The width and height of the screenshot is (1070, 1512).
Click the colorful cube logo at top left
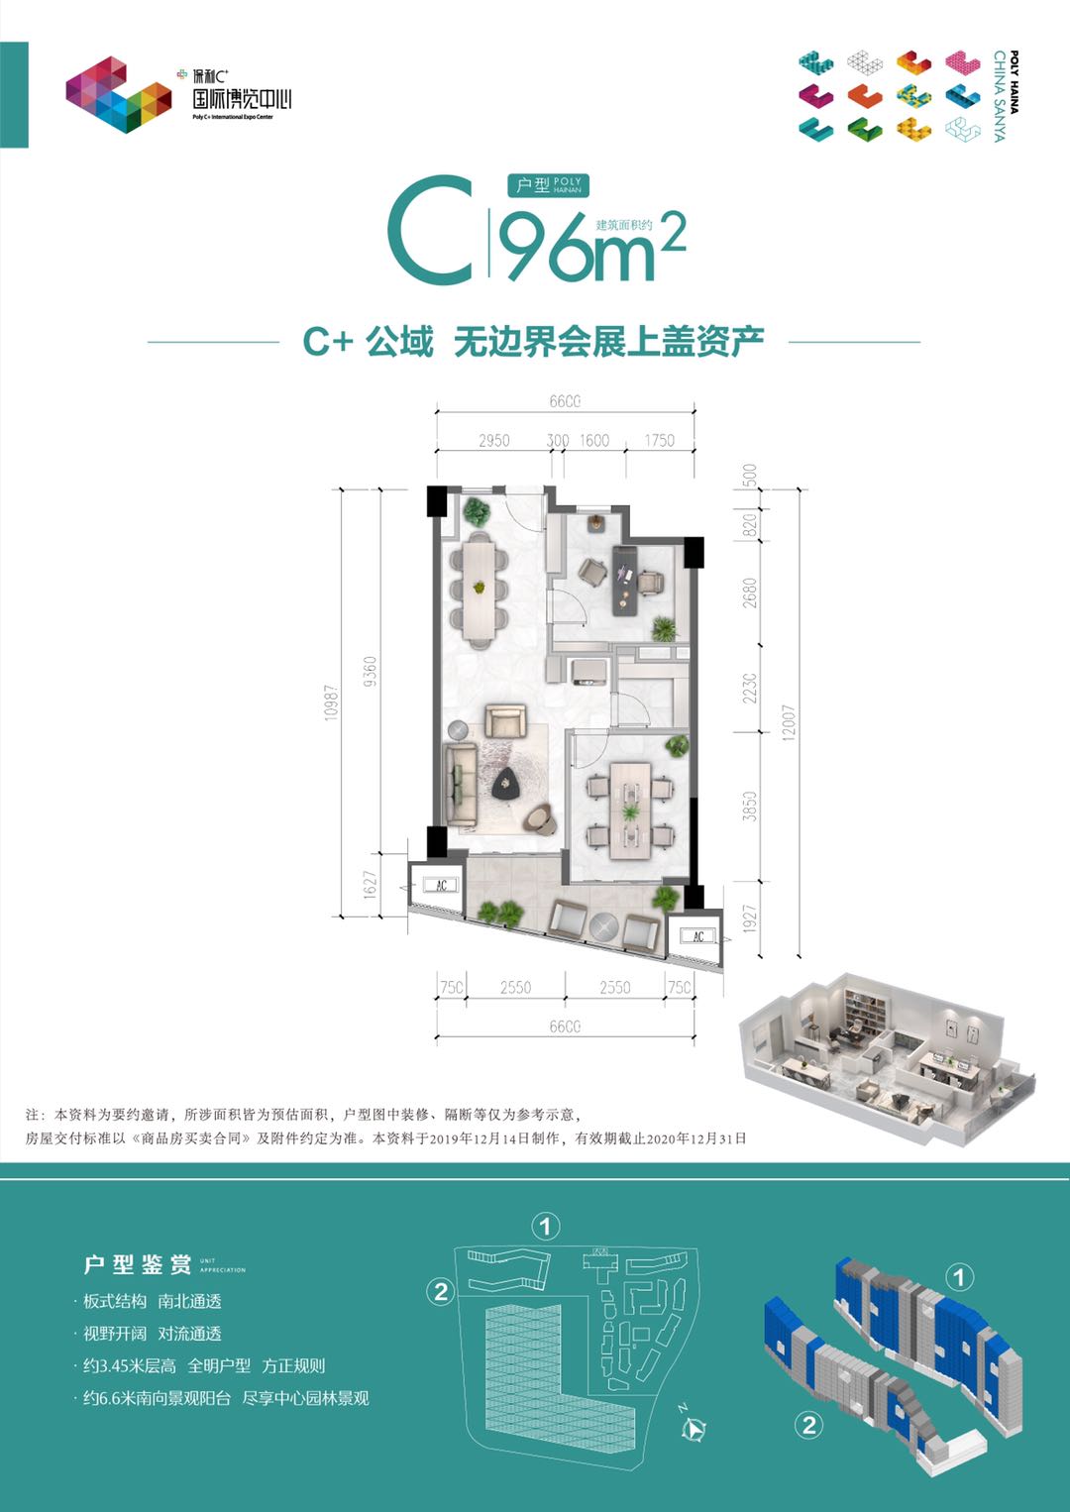tap(118, 94)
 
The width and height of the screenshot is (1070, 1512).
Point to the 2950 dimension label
tap(493, 440)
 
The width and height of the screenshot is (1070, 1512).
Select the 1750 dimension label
tap(659, 440)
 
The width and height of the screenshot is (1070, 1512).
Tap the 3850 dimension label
tap(750, 806)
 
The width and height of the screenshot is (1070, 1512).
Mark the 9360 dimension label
tap(370, 671)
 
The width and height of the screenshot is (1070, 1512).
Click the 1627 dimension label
tap(370, 884)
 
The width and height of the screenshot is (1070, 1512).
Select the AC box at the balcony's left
tap(441, 884)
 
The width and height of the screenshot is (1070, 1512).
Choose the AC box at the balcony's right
tap(697, 935)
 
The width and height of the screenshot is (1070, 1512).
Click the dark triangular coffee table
tap(509, 785)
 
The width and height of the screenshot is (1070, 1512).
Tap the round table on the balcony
tap(603, 926)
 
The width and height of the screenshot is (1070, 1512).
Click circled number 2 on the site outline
tap(441, 1291)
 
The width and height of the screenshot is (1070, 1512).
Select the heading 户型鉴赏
tap(138, 1264)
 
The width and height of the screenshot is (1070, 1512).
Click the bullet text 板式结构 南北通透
tap(152, 1301)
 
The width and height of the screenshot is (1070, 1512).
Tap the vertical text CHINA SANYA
tap(999, 96)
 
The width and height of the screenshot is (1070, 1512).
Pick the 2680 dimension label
tap(750, 592)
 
